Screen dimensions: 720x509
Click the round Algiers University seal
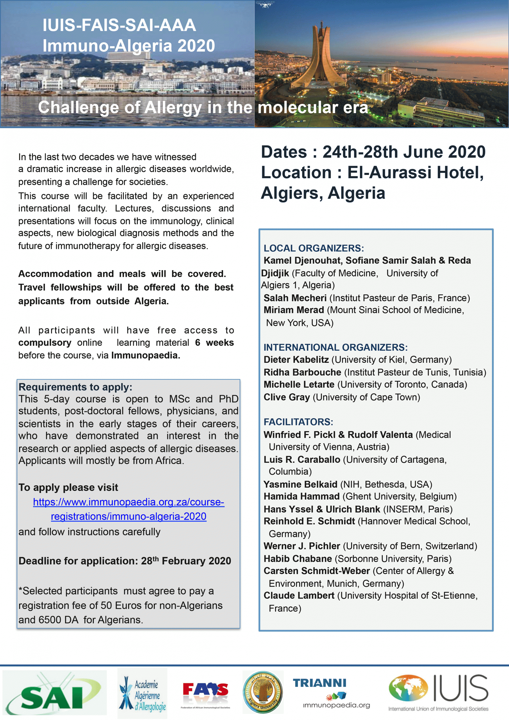pyautogui.click(x=263, y=692)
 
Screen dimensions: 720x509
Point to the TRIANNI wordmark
pyautogui.click(x=319, y=683)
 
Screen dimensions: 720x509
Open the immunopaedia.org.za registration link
pyautogui.click(x=129, y=509)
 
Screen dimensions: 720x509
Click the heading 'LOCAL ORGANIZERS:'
pyautogui.click(x=314, y=248)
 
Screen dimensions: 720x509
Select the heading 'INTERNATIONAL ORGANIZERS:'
pyautogui.click(x=335, y=348)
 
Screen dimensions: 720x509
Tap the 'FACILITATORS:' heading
pyautogui.click(x=298, y=422)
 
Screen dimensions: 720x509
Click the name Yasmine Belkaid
pyautogui.click(x=300, y=485)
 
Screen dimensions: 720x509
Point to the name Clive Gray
pyautogui.click(x=286, y=397)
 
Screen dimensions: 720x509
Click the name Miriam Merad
pyautogui.click(x=294, y=310)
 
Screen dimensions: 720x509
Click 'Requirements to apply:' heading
pyautogui.click(x=75, y=387)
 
